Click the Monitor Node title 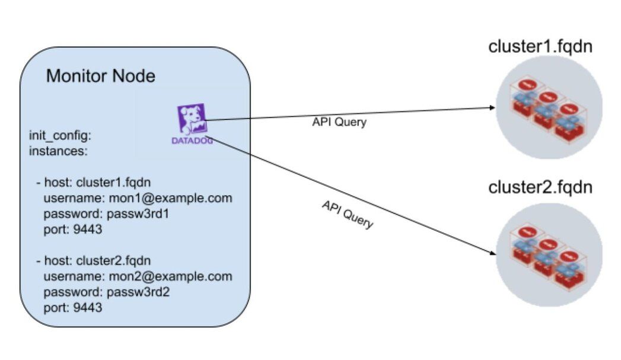coord(101,77)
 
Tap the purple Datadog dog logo coord(191,119)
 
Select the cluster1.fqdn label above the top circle coord(540,47)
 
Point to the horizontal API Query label coord(339,123)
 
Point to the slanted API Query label coord(348,214)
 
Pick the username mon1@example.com coord(138,198)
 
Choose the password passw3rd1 coord(107,214)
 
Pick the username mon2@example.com coord(138,276)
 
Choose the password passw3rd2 coord(107,292)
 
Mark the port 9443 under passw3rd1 coord(73,230)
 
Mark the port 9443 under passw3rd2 coord(73,308)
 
